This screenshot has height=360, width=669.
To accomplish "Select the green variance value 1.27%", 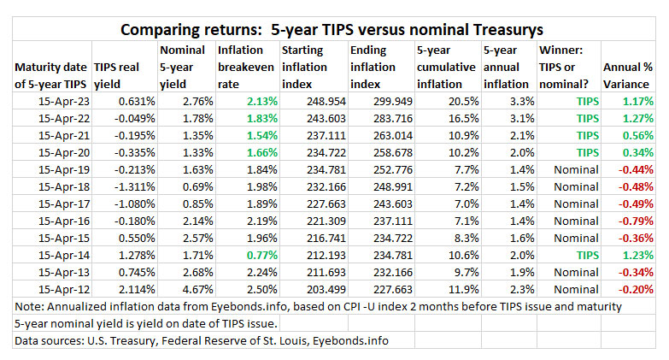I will point(633,118).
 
